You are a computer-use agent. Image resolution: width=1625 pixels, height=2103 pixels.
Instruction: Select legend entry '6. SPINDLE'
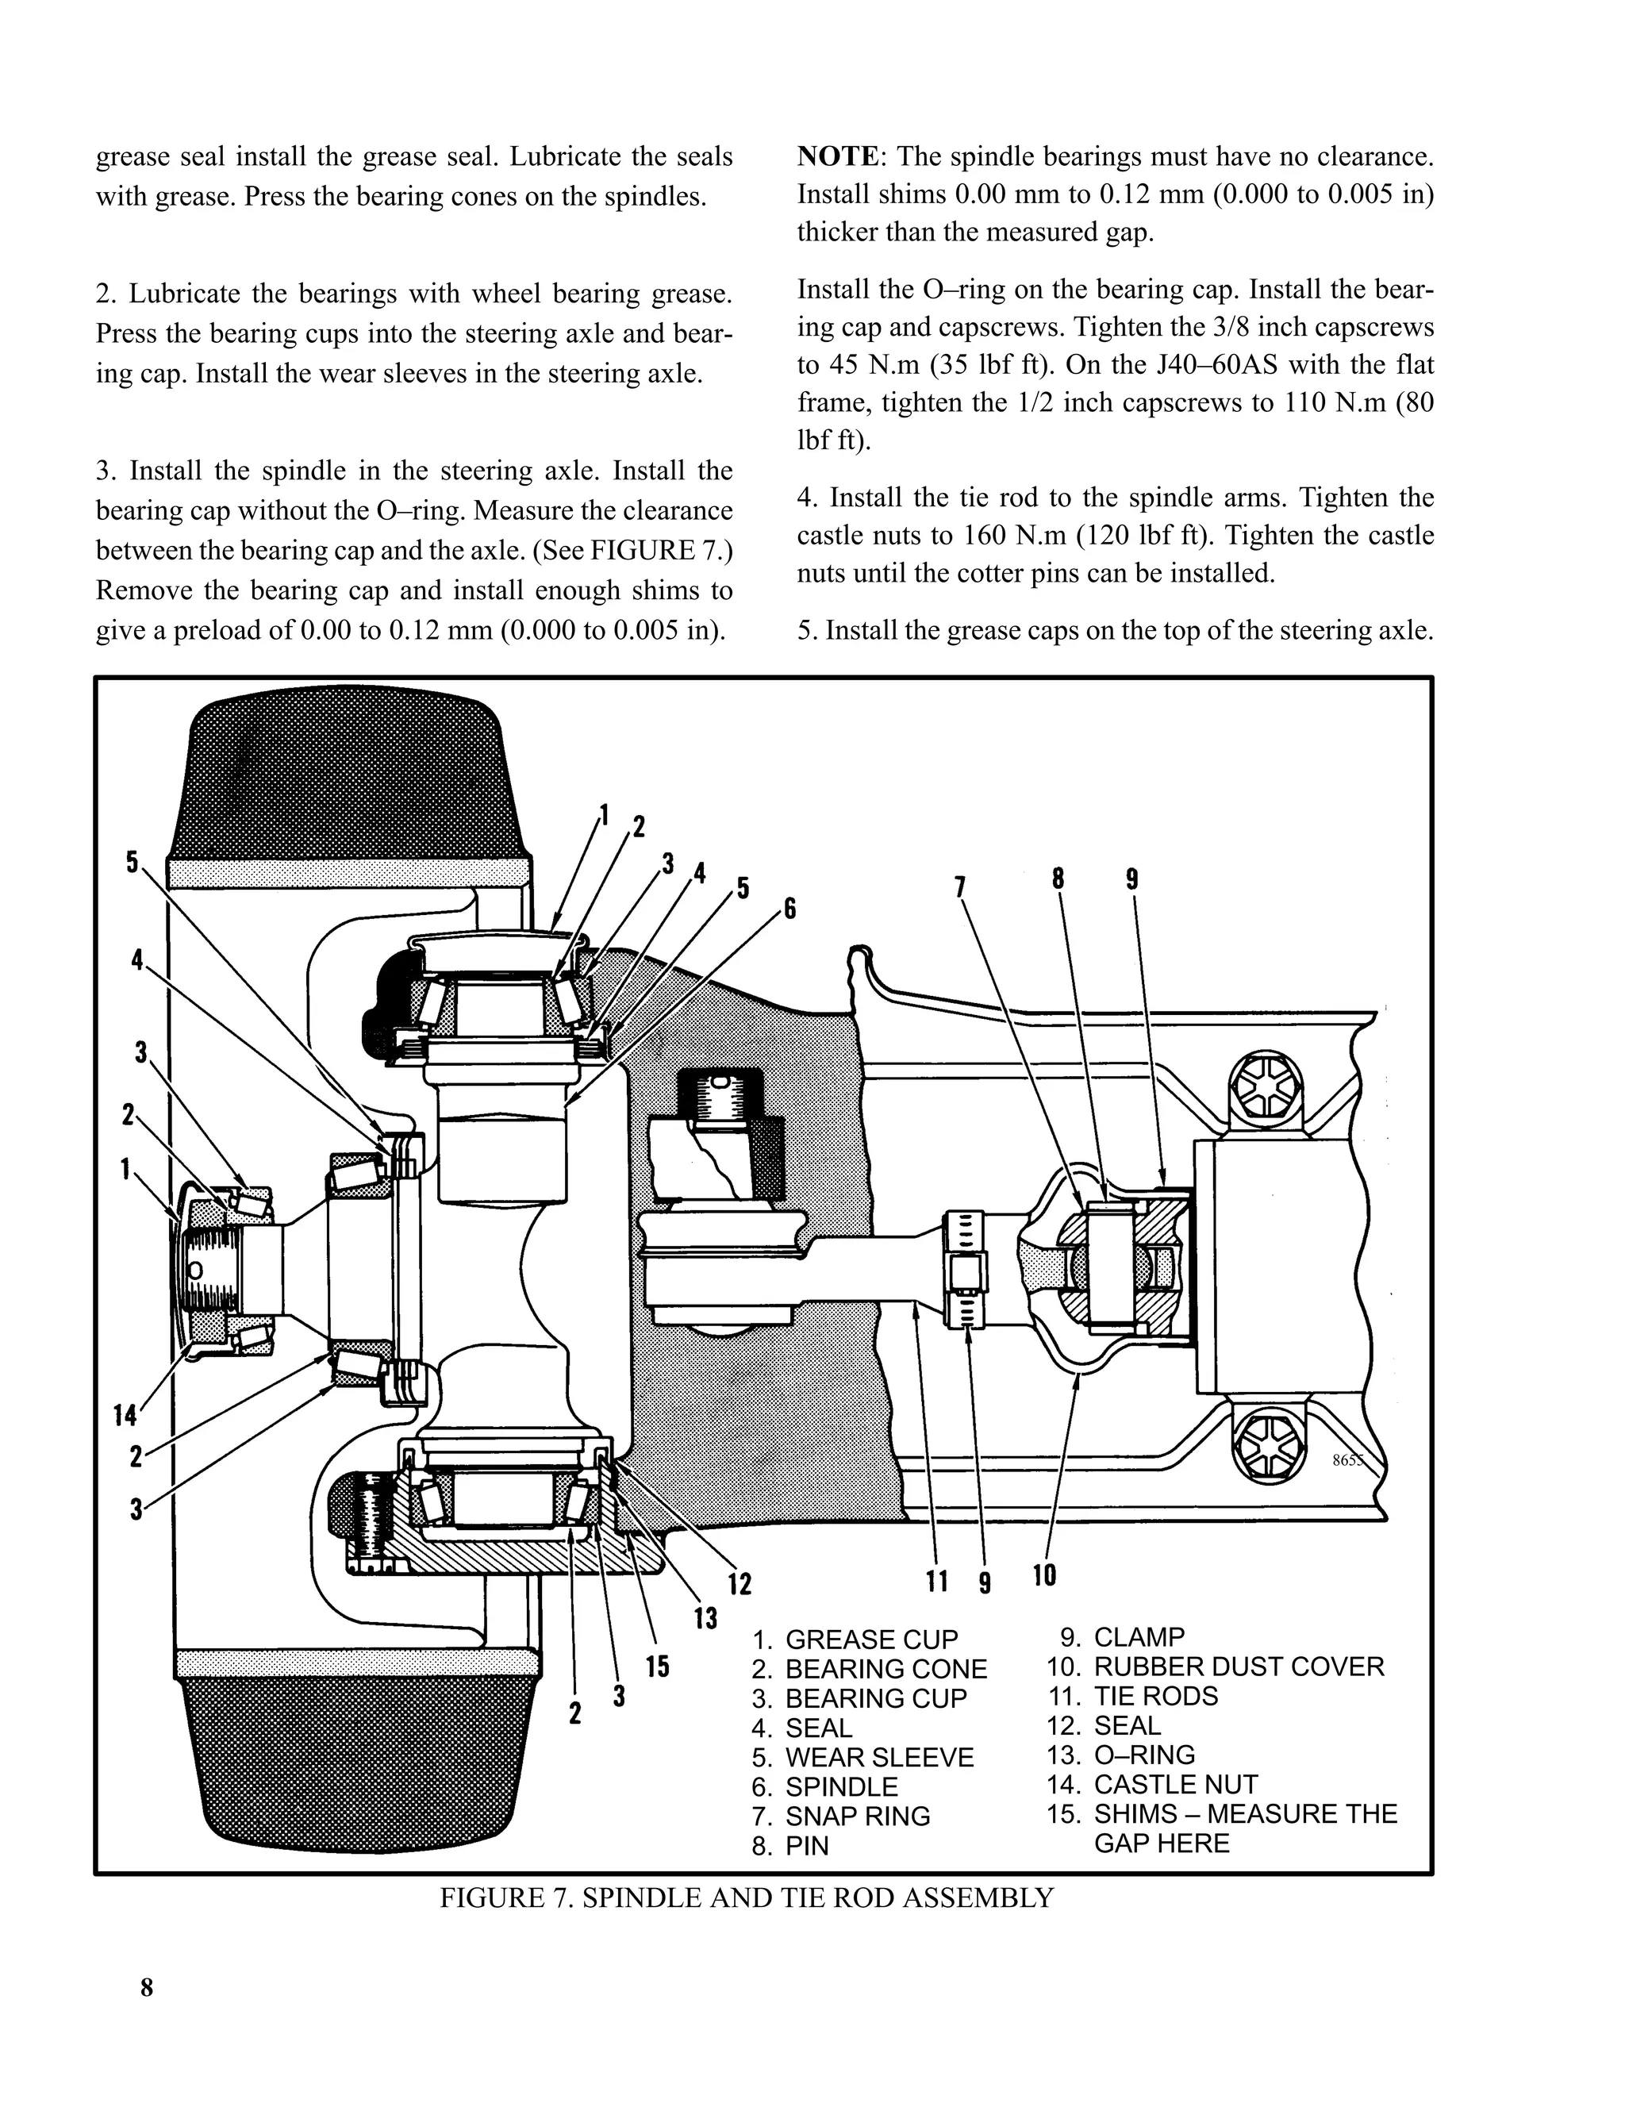pyautogui.click(x=825, y=1786)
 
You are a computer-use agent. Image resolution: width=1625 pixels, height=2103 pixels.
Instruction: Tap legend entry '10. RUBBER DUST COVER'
pyautogui.click(x=1215, y=1666)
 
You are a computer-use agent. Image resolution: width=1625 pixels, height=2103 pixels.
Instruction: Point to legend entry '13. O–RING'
pyautogui.click(x=1120, y=1755)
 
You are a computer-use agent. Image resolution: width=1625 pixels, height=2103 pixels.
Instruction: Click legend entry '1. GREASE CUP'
pyautogui.click(x=855, y=1639)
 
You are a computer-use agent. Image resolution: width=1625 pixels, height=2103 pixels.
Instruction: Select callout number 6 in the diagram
pyautogui.click(x=789, y=907)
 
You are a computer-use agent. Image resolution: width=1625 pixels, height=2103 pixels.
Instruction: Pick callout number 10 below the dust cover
pyautogui.click(x=1044, y=1574)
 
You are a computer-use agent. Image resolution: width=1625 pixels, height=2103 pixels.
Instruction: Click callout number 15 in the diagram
pyautogui.click(x=658, y=1666)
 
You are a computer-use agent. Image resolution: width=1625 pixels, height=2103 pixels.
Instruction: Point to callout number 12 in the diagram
pyautogui.click(x=740, y=1583)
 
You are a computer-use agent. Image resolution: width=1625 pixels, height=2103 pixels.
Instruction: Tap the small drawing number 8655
pyautogui.click(x=1348, y=1459)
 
